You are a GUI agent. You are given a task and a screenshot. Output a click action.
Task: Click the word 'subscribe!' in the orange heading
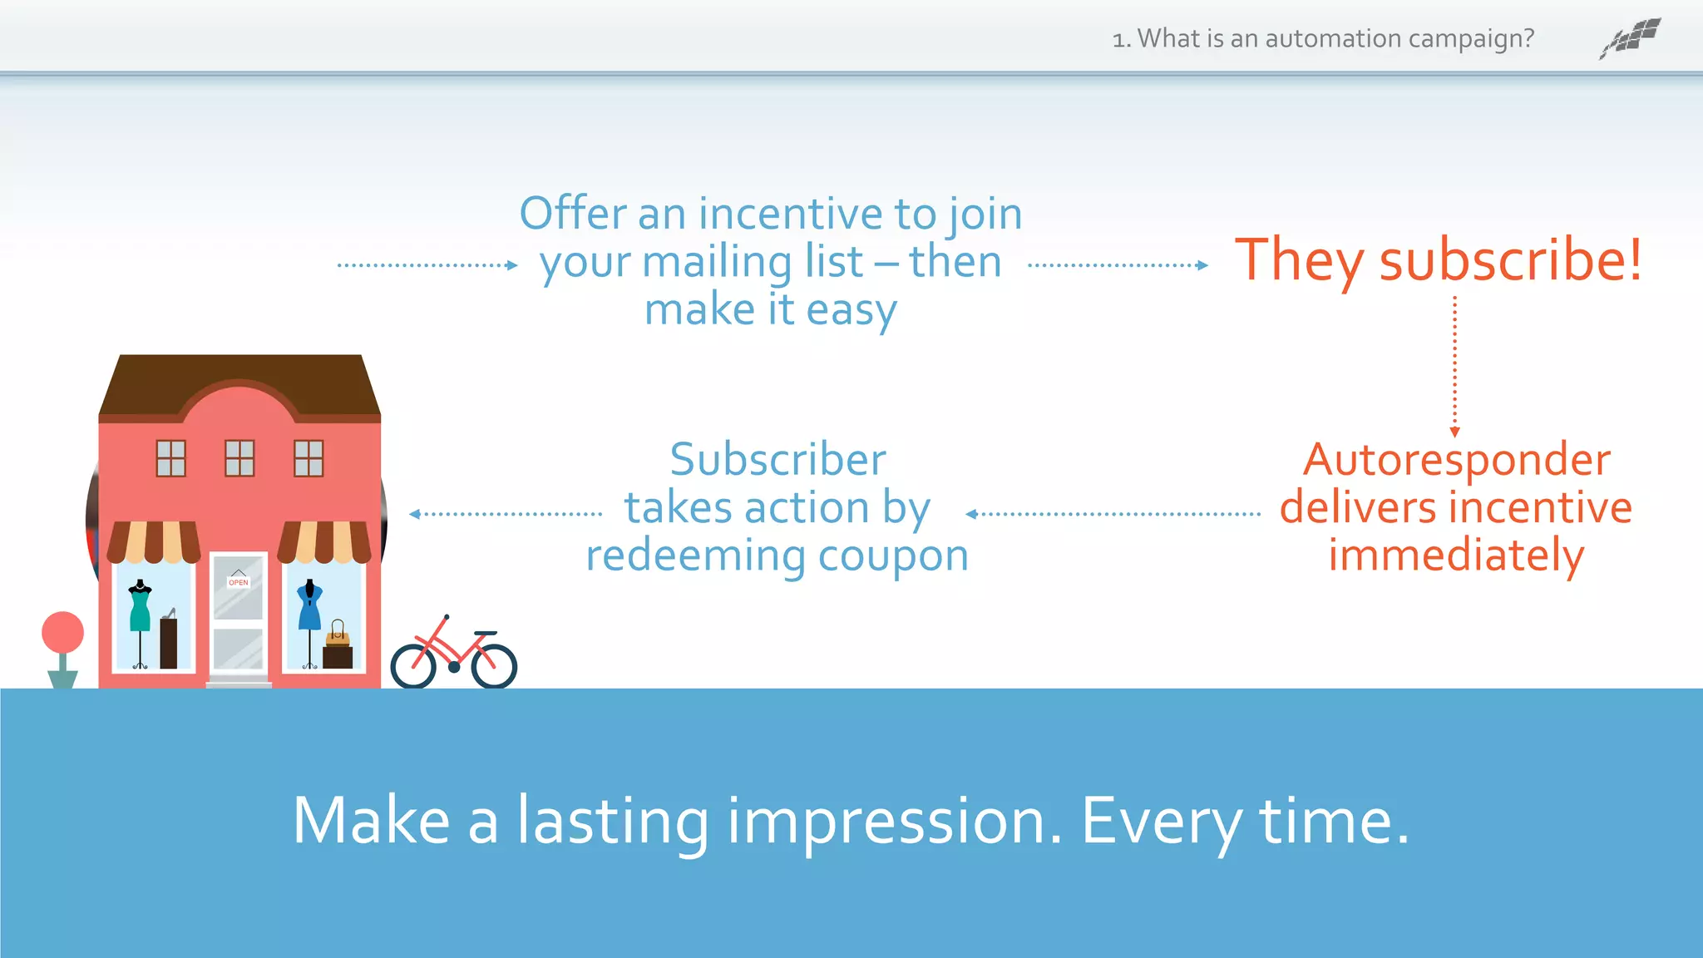click(x=1510, y=260)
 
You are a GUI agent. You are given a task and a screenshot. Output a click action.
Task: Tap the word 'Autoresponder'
click(x=1456, y=460)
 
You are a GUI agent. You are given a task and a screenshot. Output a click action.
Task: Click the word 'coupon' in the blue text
click(x=893, y=556)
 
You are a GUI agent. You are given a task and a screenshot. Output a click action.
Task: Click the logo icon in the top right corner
click(x=1631, y=38)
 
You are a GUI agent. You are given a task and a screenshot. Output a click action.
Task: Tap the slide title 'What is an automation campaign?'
click(x=1335, y=39)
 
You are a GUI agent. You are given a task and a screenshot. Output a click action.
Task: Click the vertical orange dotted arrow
click(x=1454, y=366)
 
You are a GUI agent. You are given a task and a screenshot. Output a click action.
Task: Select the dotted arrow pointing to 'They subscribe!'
click(x=1118, y=265)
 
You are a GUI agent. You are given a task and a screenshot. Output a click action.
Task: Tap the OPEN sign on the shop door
click(x=239, y=581)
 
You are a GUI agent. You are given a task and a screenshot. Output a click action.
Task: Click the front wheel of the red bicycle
click(x=494, y=666)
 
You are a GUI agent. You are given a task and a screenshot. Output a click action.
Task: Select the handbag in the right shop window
click(x=338, y=635)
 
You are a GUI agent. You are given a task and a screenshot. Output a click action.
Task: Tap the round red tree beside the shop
click(x=63, y=633)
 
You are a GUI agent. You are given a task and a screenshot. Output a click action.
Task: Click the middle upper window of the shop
click(x=239, y=458)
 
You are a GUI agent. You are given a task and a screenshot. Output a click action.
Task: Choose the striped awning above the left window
click(x=154, y=541)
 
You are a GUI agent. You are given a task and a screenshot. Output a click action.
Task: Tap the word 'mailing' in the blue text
click(x=718, y=262)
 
